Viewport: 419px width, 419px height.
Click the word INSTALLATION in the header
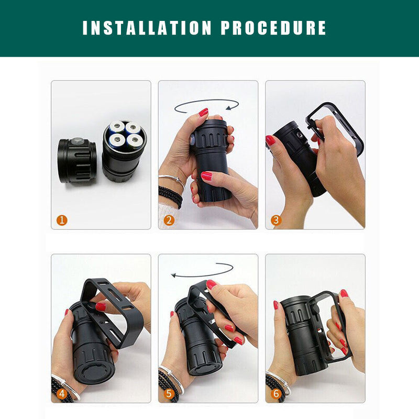pos(147,28)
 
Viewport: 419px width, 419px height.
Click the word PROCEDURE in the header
pos(273,28)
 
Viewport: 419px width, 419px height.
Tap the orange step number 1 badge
pos(62,220)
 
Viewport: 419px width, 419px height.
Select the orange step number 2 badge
pos(169,220)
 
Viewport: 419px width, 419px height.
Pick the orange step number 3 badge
pos(276,220)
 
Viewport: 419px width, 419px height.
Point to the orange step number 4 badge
pos(62,393)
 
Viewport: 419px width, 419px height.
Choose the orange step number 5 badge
pos(169,393)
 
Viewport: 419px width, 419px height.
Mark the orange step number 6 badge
pos(276,393)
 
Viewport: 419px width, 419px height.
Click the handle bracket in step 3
pos(335,123)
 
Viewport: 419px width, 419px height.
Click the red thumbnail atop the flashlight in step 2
pos(203,112)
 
